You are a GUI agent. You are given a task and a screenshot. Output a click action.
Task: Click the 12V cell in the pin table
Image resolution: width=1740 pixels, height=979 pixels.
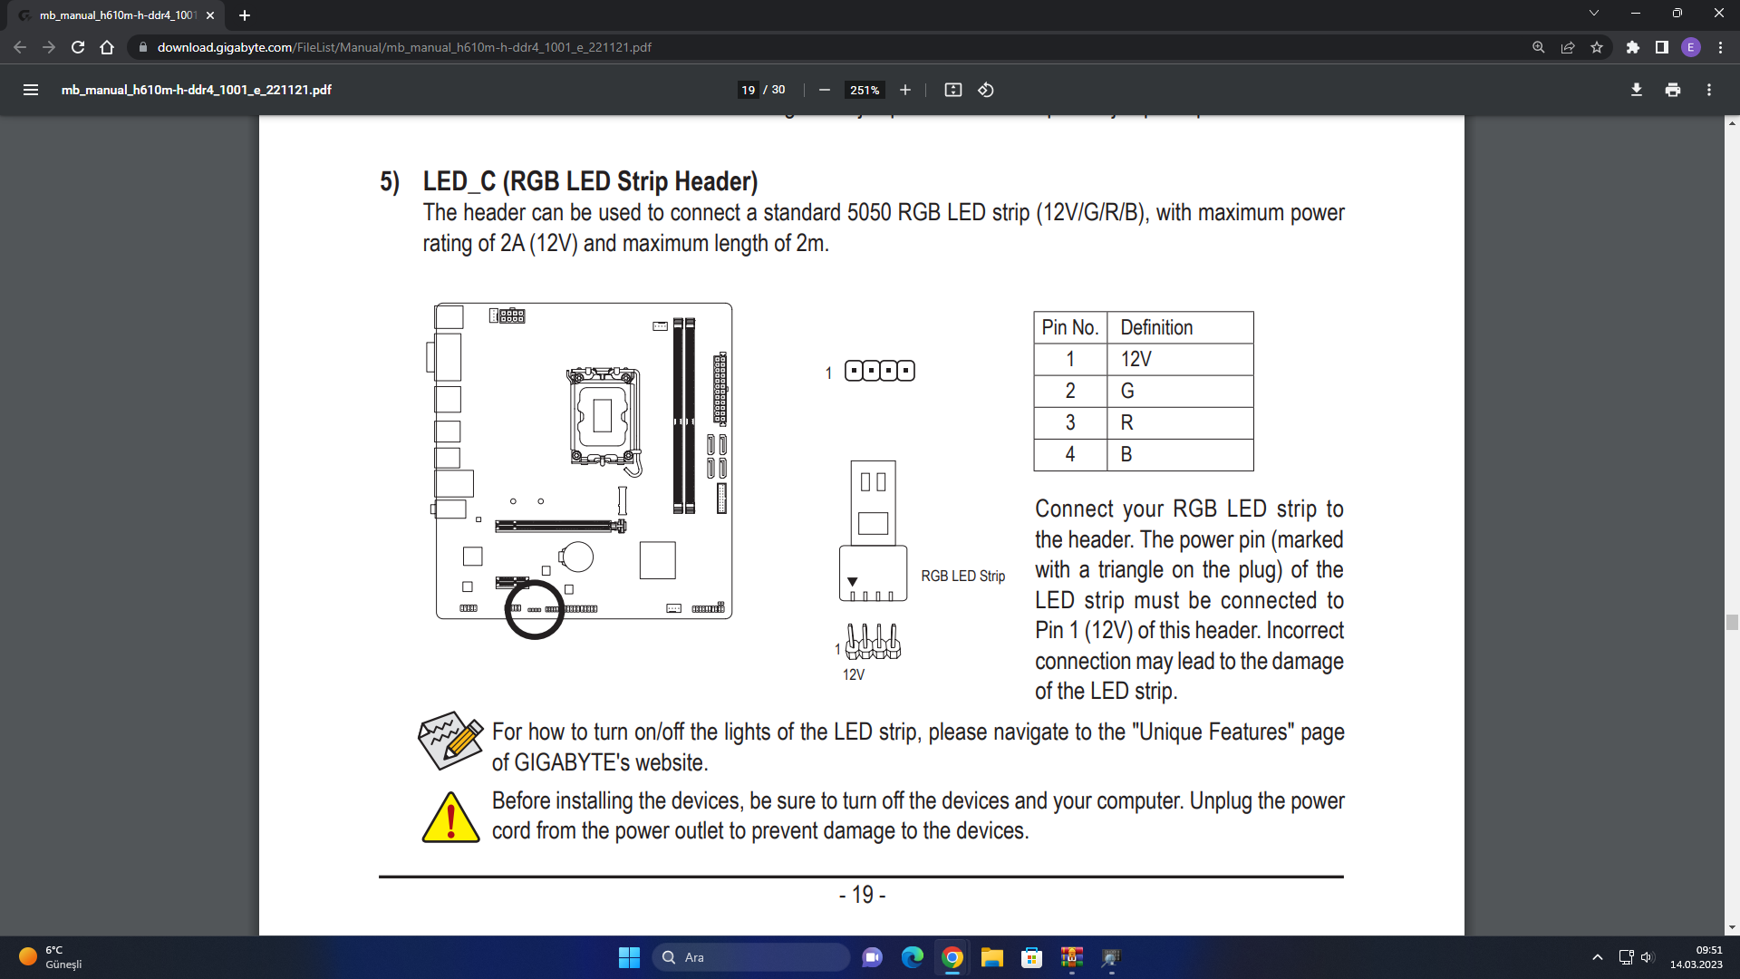tap(1180, 359)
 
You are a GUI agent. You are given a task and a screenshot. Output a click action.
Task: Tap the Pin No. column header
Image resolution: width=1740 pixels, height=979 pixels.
tap(1070, 327)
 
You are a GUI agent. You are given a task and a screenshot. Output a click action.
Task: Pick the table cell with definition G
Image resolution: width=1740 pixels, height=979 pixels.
tap(1180, 391)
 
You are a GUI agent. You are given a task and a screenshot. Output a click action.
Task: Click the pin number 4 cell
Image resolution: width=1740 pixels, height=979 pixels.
tap(1070, 454)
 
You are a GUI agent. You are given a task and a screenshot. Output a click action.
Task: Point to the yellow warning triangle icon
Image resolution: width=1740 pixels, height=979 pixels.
tap(450, 817)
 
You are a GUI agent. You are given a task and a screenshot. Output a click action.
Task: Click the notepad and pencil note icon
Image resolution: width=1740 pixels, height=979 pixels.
tap(450, 741)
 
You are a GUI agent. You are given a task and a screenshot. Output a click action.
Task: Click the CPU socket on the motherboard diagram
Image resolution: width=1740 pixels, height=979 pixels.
tap(603, 416)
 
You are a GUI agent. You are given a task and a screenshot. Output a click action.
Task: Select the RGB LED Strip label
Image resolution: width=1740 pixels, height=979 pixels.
tap(962, 576)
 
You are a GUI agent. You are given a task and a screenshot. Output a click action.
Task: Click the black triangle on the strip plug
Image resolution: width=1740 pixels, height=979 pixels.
tap(852, 582)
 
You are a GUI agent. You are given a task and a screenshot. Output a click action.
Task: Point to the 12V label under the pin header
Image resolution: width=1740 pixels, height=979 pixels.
tap(854, 674)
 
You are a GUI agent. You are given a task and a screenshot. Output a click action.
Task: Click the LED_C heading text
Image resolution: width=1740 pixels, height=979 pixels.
tap(590, 181)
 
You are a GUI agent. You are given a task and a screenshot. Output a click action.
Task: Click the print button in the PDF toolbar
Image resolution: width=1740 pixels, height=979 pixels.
tap(1673, 90)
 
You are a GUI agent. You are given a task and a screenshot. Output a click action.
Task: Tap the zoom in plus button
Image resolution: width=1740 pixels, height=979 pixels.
tap(904, 90)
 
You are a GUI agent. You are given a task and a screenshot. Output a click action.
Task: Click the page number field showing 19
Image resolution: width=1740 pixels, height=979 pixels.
tap(748, 90)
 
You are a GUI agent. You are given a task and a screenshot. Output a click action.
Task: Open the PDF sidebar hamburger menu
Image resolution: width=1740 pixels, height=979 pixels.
tap(31, 90)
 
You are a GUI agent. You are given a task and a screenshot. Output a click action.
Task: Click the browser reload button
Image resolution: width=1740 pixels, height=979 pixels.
tap(78, 47)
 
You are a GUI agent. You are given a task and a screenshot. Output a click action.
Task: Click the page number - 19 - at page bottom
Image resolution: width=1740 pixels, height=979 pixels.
tap(862, 896)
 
